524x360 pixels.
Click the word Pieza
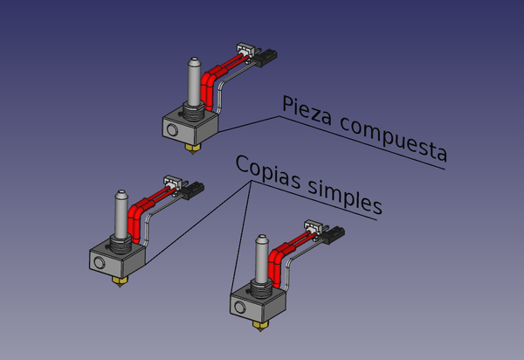307,111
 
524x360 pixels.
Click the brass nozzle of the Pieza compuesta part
193,149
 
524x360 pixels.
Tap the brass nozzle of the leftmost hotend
120,281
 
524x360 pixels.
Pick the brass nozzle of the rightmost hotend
260,326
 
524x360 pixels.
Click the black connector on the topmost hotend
265,58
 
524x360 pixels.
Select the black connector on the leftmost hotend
193,190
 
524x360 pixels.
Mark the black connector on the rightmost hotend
334,235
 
